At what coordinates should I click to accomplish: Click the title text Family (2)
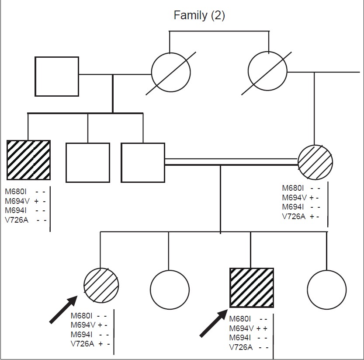click(199, 16)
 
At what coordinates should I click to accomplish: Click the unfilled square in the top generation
click(57, 76)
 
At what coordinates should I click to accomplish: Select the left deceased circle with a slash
click(171, 73)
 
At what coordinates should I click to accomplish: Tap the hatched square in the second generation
click(29, 160)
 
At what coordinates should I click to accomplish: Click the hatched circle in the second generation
click(315, 162)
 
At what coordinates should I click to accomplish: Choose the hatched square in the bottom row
click(252, 288)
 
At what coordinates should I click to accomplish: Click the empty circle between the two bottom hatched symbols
click(170, 289)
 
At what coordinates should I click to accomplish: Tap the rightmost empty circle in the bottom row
click(326, 290)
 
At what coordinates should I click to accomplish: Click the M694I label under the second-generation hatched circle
click(293, 207)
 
